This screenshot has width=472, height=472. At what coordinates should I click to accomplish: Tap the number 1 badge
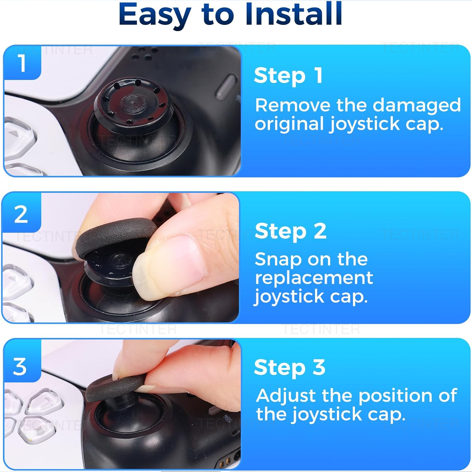point(22,63)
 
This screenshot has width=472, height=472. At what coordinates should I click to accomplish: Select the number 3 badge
point(20,367)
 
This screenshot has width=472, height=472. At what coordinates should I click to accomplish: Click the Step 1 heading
point(288,76)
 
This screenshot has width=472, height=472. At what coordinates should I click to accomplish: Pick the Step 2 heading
point(290,231)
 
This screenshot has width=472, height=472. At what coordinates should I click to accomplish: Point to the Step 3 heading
point(289,367)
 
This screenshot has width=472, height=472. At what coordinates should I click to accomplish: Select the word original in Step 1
point(289,124)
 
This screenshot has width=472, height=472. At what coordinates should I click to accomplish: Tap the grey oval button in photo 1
point(226,87)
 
